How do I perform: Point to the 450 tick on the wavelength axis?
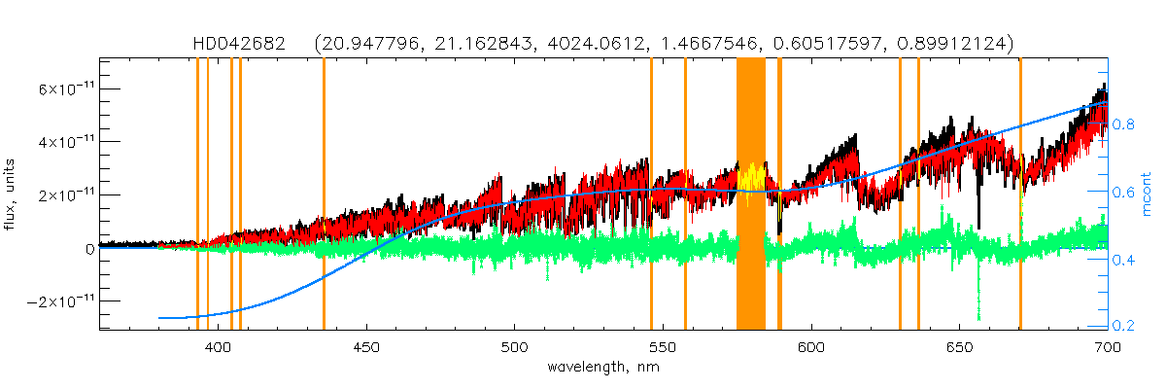coord(366,346)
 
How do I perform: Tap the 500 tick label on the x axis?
coord(515,346)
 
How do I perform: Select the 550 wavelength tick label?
coord(663,346)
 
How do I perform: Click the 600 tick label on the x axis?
coord(811,346)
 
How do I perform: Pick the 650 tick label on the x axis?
coord(959,346)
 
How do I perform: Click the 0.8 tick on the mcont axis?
coord(1124,125)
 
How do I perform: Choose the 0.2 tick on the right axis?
coord(1124,326)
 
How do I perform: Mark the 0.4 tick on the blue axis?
coord(1124,260)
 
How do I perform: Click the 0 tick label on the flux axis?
coord(89,248)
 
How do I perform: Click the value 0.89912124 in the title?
coord(957,44)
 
